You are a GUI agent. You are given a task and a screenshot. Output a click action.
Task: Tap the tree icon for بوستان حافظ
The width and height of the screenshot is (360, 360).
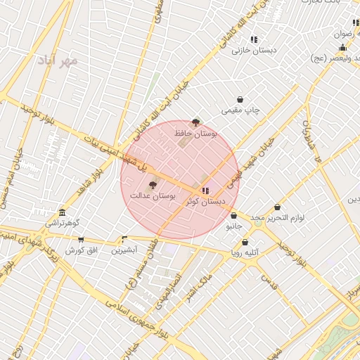pyautogui.click(x=195, y=122)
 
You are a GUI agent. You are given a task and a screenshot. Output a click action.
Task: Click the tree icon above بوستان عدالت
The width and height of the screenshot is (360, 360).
pyautogui.click(x=153, y=185)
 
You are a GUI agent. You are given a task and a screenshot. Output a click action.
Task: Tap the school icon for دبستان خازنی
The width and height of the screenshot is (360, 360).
pyautogui.click(x=253, y=40)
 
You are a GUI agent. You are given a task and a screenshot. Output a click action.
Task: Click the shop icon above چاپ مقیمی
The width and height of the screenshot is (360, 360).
pyautogui.click(x=240, y=100)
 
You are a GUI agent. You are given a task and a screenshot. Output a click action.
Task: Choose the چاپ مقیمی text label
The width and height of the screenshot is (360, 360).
pyautogui.click(x=240, y=110)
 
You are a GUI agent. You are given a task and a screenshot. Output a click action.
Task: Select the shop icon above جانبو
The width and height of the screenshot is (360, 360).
pyautogui.click(x=233, y=217)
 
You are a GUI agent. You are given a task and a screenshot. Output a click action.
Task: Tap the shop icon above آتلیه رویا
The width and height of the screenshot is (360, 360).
pyautogui.click(x=245, y=243)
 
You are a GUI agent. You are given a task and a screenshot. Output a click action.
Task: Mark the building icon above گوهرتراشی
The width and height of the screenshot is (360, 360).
pyautogui.click(x=63, y=212)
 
